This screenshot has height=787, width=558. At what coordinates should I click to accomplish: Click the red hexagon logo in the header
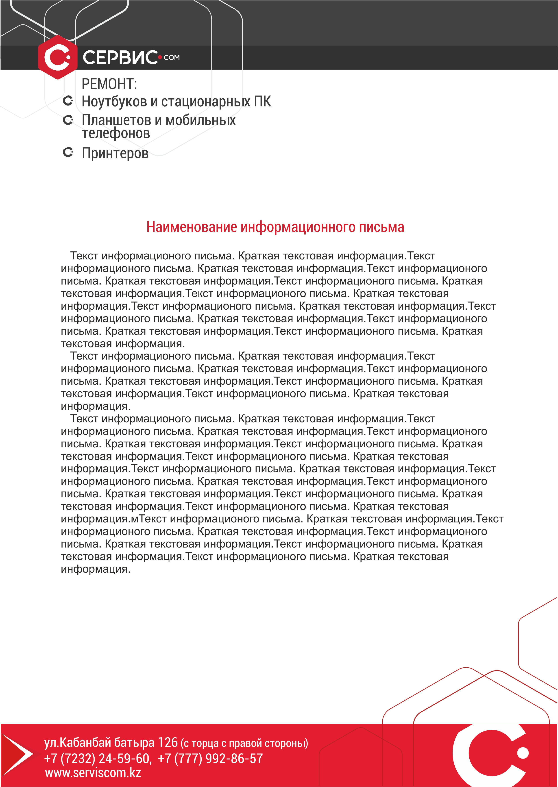coord(58,57)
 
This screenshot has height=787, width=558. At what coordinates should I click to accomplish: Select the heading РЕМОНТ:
coord(109,84)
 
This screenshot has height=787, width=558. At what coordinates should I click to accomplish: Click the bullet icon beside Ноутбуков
coord(68,101)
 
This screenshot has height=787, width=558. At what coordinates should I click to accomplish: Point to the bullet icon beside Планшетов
coord(68,120)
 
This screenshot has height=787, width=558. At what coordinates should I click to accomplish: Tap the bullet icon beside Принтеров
coord(68,152)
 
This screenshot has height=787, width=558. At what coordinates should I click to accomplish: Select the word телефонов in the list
coord(116,133)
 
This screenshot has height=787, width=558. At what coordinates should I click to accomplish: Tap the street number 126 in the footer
coord(168,742)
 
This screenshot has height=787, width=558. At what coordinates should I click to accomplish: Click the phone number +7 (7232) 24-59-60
coord(97,758)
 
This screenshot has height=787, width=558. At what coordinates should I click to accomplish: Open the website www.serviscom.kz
coord(93,773)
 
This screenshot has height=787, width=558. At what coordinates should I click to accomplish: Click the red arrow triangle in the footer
coord(15,754)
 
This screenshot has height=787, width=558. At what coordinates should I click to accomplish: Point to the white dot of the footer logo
coord(523,753)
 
